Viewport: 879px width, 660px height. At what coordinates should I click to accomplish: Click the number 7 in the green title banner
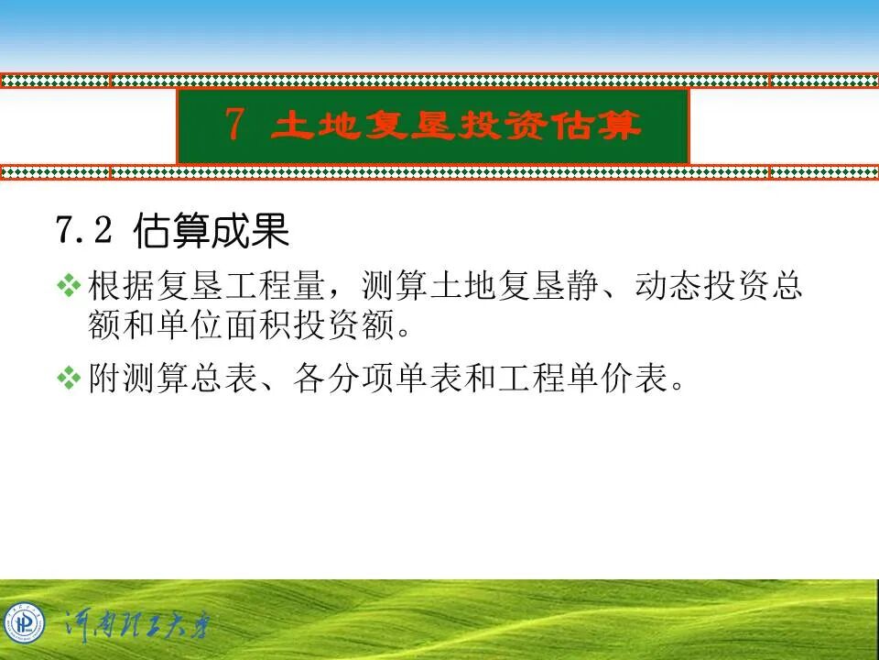(x=234, y=125)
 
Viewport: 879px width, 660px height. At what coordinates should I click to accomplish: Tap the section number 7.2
(x=83, y=230)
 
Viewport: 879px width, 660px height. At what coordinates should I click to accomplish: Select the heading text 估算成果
(x=212, y=231)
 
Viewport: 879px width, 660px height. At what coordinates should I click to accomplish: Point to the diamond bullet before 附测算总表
(x=69, y=377)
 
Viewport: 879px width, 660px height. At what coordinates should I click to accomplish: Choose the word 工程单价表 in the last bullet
(x=581, y=378)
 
